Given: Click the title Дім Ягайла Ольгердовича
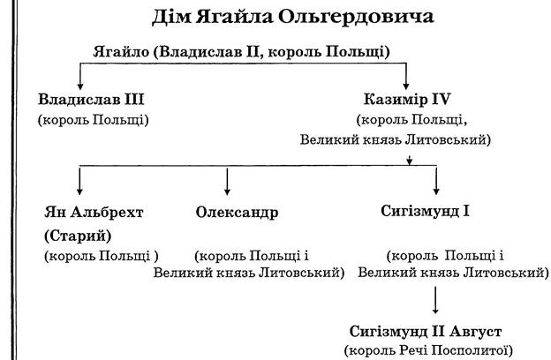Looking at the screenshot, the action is point(293,17).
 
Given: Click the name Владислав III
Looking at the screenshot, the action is point(91,99).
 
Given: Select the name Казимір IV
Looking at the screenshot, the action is point(407,99).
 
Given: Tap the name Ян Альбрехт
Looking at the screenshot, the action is point(94,212).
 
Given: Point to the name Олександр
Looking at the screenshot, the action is point(237,212).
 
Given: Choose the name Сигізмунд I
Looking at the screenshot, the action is point(425,211).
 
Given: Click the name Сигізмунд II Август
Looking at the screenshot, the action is point(426,331).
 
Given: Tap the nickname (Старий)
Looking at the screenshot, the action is point(78,236).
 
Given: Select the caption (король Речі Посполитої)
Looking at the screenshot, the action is point(428,350).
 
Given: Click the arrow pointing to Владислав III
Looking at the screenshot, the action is point(80,76).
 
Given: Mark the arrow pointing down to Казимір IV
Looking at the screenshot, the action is point(406,76).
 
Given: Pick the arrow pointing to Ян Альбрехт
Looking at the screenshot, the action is point(79,181).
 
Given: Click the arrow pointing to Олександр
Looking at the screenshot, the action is point(227,181).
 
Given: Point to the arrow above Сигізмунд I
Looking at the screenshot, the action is point(436,181).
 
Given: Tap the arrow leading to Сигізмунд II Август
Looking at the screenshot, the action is point(435,300).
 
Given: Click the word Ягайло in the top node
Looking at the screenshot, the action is point(121,52).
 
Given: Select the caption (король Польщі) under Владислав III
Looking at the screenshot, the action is point(93,120).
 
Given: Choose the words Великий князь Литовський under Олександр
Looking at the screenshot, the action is point(249,273).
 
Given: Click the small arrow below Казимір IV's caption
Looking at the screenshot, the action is point(409,160).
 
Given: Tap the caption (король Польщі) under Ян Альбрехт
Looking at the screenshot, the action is point(102,256).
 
